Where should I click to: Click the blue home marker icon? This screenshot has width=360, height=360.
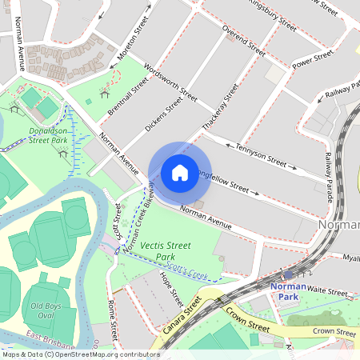click(180, 172)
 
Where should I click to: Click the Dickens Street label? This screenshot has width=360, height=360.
click(164, 114)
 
